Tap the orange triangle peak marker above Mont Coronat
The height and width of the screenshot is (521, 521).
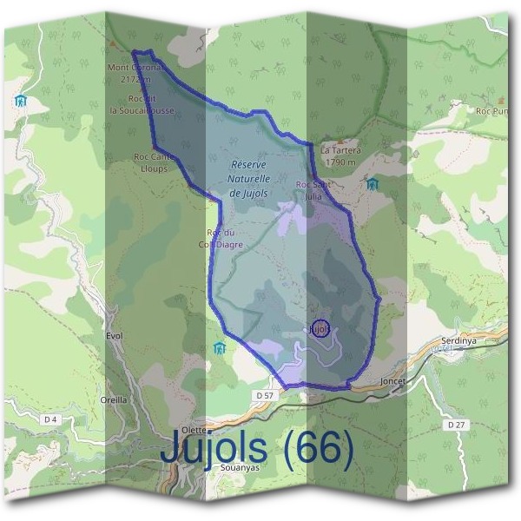[113, 42]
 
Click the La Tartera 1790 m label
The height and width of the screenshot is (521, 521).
[339, 155]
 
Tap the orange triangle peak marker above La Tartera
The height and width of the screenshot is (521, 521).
[340, 140]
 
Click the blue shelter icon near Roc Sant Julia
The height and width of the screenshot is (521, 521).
[372, 184]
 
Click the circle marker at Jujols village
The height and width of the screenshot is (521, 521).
[320, 328]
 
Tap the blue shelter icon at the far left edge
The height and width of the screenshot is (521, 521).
[20, 102]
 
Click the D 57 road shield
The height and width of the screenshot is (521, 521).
[265, 396]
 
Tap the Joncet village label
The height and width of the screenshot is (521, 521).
[393, 381]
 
